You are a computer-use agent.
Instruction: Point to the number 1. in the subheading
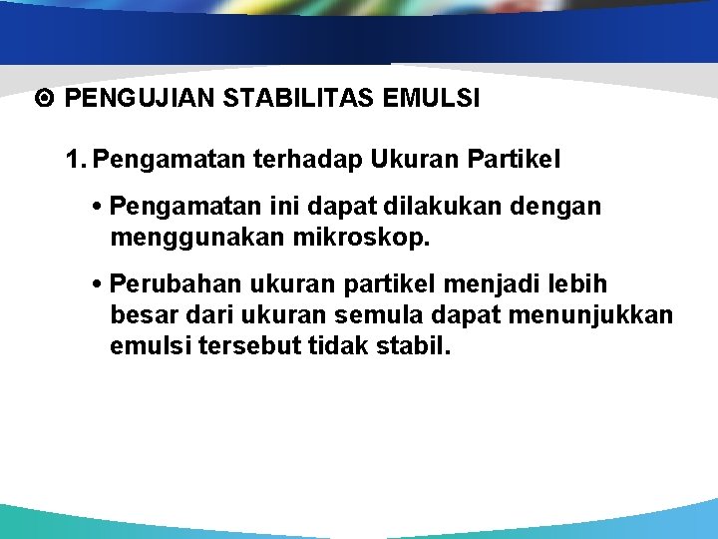pos(77,159)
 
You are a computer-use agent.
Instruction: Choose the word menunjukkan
pos(608,315)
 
